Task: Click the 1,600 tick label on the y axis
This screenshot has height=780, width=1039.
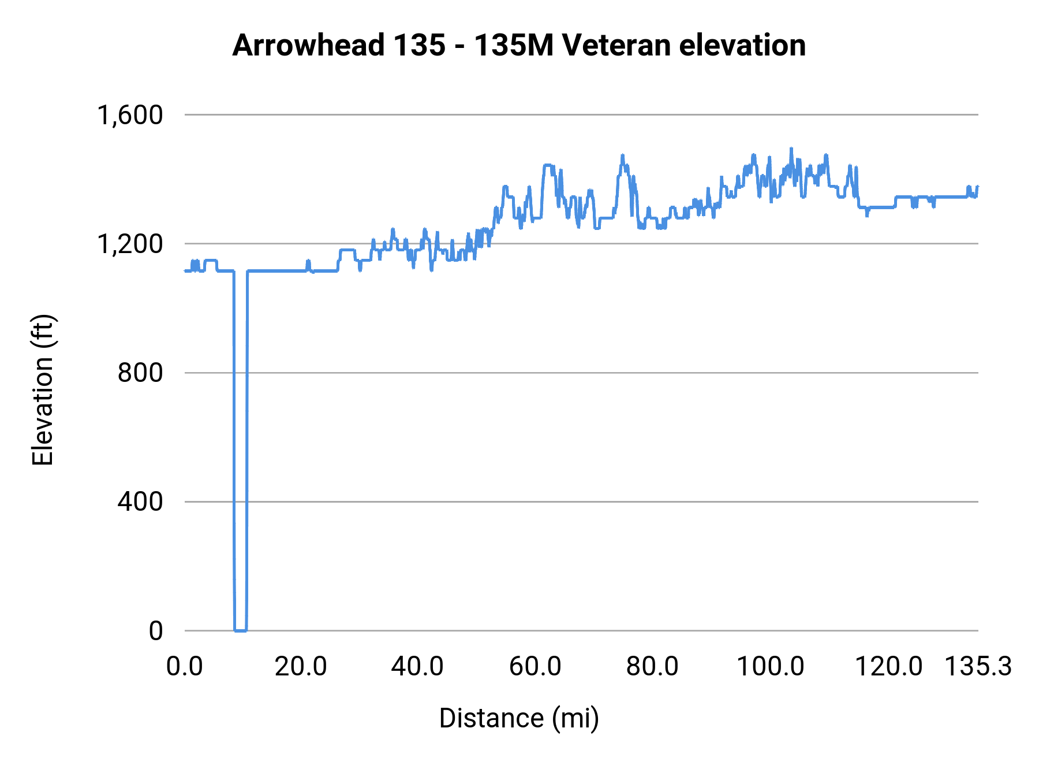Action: tap(130, 115)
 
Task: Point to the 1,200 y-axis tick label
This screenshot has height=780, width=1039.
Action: tap(130, 244)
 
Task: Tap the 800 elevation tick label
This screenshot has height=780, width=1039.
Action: tap(140, 373)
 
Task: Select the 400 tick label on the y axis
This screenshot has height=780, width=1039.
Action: tap(140, 502)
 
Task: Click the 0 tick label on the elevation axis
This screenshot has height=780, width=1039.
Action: tap(156, 630)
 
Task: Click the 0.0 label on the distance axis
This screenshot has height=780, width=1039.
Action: tap(185, 667)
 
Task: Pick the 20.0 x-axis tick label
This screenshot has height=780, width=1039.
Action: tap(301, 667)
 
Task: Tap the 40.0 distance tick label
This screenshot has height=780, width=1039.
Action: tap(417, 667)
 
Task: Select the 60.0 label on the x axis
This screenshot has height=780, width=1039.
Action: tap(535, 667)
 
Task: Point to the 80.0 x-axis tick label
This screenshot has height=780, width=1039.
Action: tap(652, 667)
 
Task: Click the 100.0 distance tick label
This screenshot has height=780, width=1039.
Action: tap(771, 667)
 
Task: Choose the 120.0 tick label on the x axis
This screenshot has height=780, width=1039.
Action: tap(888, 667)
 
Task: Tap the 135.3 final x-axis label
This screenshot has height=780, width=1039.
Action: tap(978, 667)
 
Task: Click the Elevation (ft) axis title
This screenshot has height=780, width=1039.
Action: tap(43, 390)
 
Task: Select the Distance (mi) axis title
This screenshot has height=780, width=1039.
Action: tap(519, 718)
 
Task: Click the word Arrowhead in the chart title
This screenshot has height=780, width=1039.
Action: tap(308, 45)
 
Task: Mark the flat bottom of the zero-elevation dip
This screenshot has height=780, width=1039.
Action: tap(240, 630)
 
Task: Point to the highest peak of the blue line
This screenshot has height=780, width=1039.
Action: tap(791, 148)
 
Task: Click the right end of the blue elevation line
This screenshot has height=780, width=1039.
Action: tap(978, 187)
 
